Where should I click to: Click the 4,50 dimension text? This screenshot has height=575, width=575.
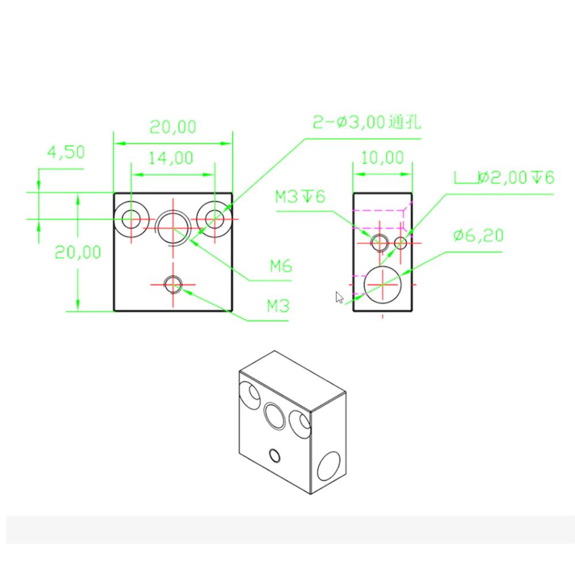click(x=66, y=152)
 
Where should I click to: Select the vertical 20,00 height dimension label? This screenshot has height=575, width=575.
click(x=78, y=252)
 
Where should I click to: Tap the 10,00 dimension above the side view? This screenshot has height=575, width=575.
click(x=382, y=156)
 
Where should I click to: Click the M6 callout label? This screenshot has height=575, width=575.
click(x=282, y=266)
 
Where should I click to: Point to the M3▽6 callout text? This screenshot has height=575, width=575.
click(x=300, y=197)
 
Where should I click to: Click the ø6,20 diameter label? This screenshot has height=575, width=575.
click(x=477, y=235)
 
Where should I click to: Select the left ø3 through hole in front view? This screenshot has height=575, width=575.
click(x=131, y=219)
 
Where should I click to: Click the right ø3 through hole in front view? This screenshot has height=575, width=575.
click(x=215, y=219)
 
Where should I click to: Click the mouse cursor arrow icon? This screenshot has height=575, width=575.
click(x=340, y=297)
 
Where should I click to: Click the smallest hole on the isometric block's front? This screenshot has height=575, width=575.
click(x=275, y=456)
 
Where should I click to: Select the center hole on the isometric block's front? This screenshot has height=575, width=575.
click(x=275, y=416)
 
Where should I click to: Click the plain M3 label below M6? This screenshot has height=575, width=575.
click(x=278, y=306)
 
